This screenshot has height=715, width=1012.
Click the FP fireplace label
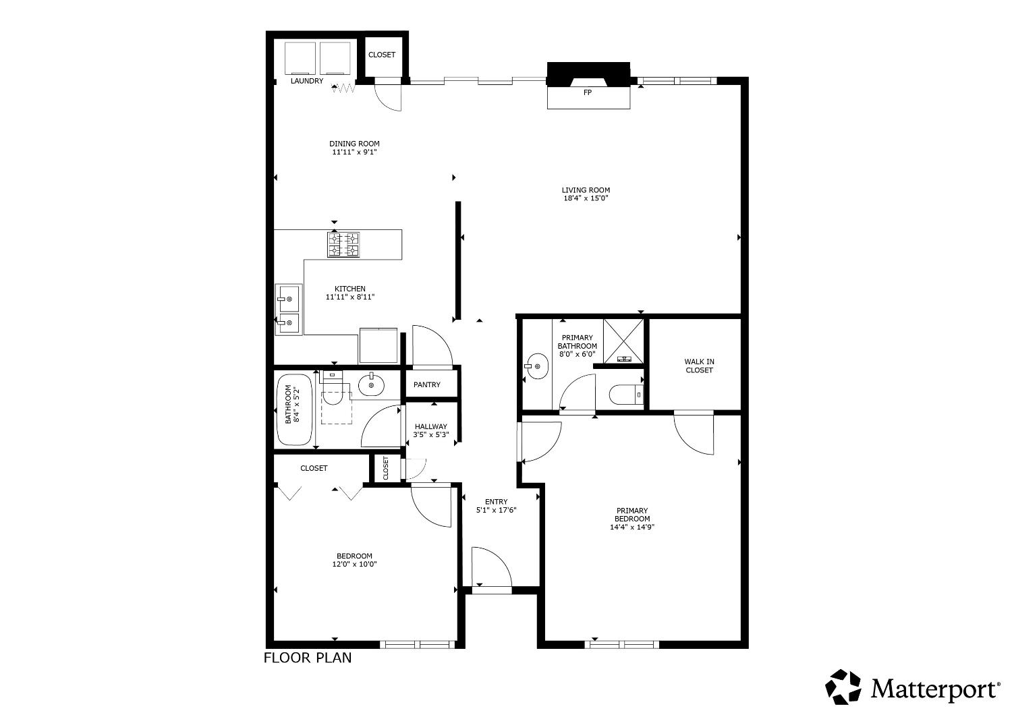point(587,92)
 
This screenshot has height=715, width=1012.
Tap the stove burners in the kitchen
point(343,244)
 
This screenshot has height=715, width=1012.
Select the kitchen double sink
point(288,310)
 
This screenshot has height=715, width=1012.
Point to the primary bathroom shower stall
point(623,340)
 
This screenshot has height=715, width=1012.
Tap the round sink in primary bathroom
point(538,368)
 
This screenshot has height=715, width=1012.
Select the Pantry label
point(426,384)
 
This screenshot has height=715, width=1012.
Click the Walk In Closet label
point(699,366)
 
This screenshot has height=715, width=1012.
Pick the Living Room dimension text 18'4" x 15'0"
point(586,199)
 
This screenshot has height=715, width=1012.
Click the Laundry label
point(306,81)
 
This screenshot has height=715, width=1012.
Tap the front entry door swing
point(490,568)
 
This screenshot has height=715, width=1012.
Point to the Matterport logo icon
point(843,687)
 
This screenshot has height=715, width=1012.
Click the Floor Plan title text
point(307,658)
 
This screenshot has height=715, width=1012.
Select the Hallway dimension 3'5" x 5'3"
point(430,435)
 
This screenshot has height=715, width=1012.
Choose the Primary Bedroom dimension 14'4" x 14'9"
point(631,527)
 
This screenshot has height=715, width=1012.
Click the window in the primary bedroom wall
point(621,644)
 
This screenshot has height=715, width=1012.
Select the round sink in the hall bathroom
point(371,386)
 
